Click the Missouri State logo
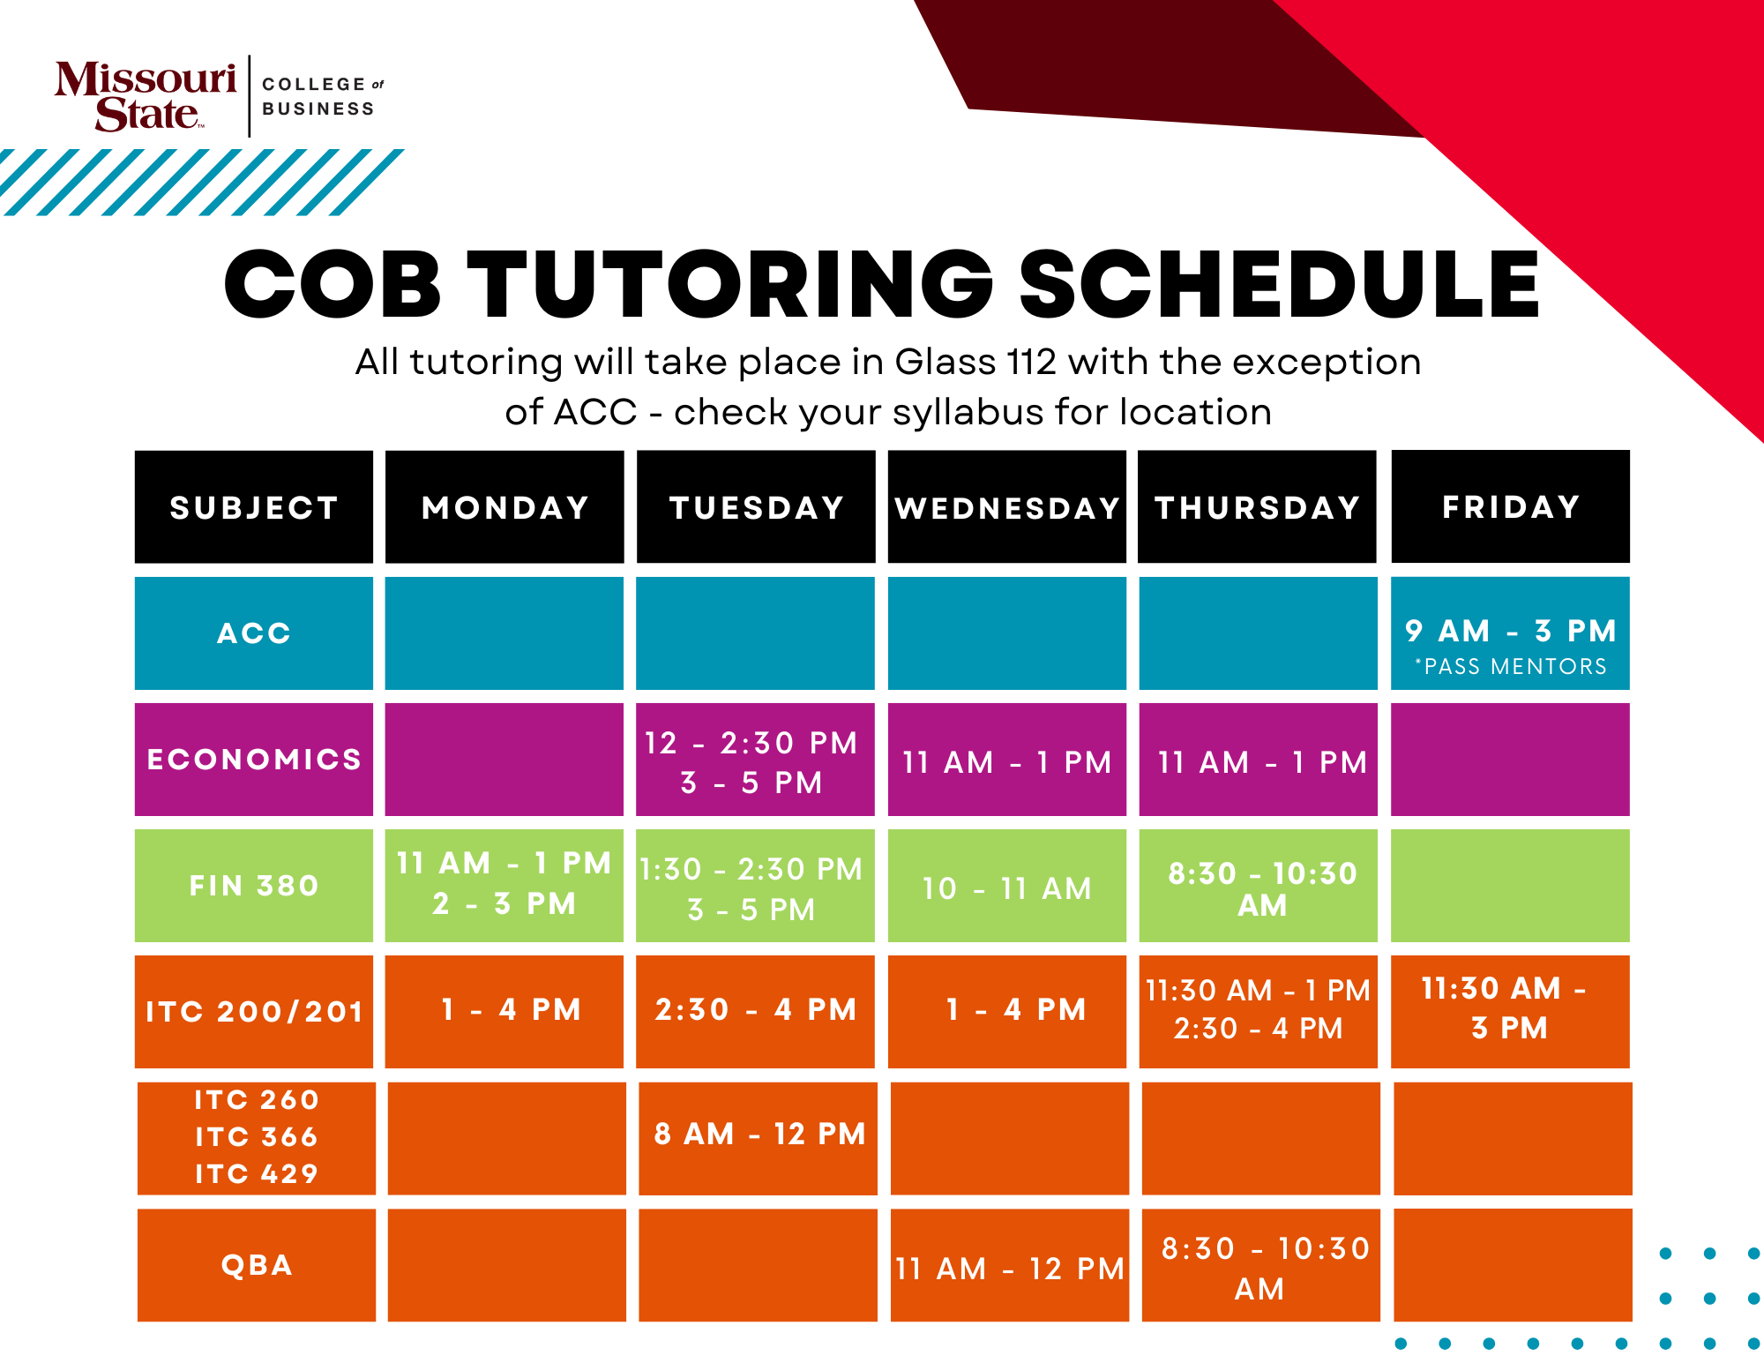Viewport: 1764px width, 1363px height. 146,96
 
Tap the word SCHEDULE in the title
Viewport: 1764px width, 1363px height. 1280,284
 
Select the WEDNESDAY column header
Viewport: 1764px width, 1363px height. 1007,507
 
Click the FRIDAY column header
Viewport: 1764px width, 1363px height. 1510,506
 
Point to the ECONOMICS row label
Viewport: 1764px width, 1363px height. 254,760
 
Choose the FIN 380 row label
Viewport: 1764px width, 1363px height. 254,886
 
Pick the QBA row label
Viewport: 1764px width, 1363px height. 257,1265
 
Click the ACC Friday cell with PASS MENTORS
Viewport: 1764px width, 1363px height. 1510,633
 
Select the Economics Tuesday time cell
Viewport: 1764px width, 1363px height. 755,760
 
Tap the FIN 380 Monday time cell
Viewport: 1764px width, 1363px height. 505,886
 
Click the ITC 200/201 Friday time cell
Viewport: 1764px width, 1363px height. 1510,1012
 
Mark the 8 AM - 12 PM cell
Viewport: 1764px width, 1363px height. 758,1138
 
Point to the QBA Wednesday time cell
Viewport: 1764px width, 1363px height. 1010,1265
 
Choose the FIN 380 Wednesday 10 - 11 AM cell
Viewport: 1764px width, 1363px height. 1007,886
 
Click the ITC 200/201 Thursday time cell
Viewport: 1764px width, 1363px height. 1259,1012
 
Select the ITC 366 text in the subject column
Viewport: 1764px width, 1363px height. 257,1137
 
